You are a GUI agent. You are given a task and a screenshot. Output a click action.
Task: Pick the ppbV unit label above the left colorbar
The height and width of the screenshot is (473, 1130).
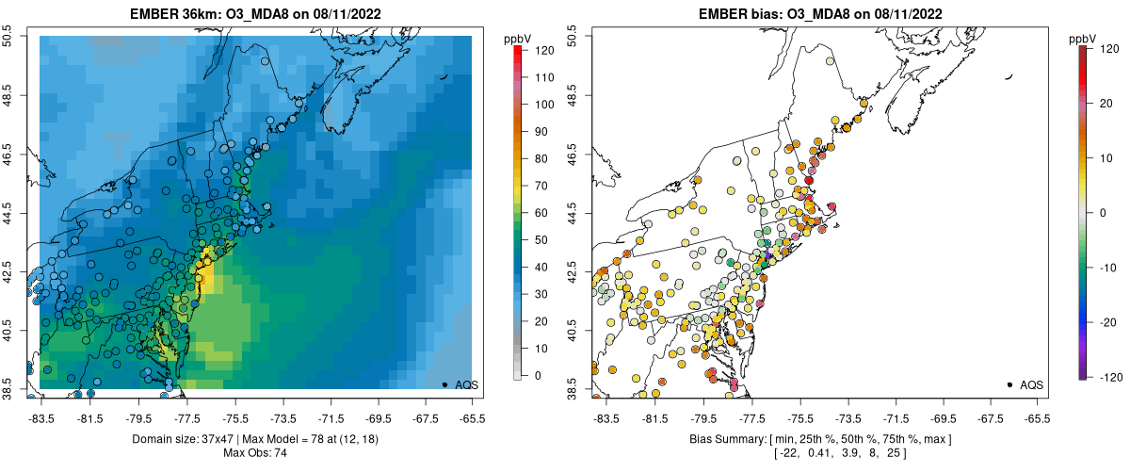pyautogui.click(x=518, y=38)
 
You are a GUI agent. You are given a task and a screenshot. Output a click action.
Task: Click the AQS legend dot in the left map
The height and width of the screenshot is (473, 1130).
pyautogui.click(x=444, y=384)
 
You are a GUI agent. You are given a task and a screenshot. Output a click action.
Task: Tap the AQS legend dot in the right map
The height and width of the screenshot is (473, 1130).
pyautogui.click(x=1009, y=384)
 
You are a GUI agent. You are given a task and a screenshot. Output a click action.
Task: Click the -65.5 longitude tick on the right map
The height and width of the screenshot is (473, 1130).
pyautogui.click(x=1037, y=416)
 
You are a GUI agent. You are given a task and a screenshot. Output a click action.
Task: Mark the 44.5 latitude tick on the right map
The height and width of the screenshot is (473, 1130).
pyautogui.click(x=575, y=213)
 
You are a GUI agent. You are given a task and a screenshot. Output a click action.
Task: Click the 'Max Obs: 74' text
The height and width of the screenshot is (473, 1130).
pyautogui.click(x=254, y=453)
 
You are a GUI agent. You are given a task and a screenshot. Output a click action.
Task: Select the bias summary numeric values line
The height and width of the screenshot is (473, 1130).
pyautogui.click(x=819, y=453)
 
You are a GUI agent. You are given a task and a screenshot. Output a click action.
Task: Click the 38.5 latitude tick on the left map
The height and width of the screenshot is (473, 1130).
pyautogui.click(x=10, y=388)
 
